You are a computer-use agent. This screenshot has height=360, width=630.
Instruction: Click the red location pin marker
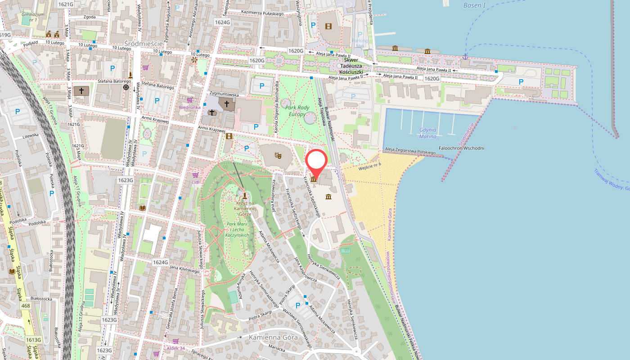click(x=316, y=162)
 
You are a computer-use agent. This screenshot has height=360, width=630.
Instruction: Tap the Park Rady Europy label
click(x=295, y=111)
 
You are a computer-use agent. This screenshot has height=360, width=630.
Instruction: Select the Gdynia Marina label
click(x=427, y=133)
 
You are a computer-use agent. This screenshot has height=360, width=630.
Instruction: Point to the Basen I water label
click(x=475, y=5)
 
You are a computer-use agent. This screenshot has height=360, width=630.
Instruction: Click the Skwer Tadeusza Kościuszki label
click(x=357, y=66)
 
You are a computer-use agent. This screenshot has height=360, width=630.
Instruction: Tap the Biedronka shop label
click(x=189, y=108)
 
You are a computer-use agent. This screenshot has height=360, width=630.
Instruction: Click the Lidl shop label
click(x=195, y=182)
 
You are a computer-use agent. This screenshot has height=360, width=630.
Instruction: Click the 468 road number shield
click(x=26, y=306)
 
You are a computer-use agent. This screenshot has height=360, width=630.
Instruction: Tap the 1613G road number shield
click(x=33, y=340)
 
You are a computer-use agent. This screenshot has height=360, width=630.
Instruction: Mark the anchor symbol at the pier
click(x=466, y=56)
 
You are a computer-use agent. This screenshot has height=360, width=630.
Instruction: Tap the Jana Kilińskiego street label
click(x=184, y=269)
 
